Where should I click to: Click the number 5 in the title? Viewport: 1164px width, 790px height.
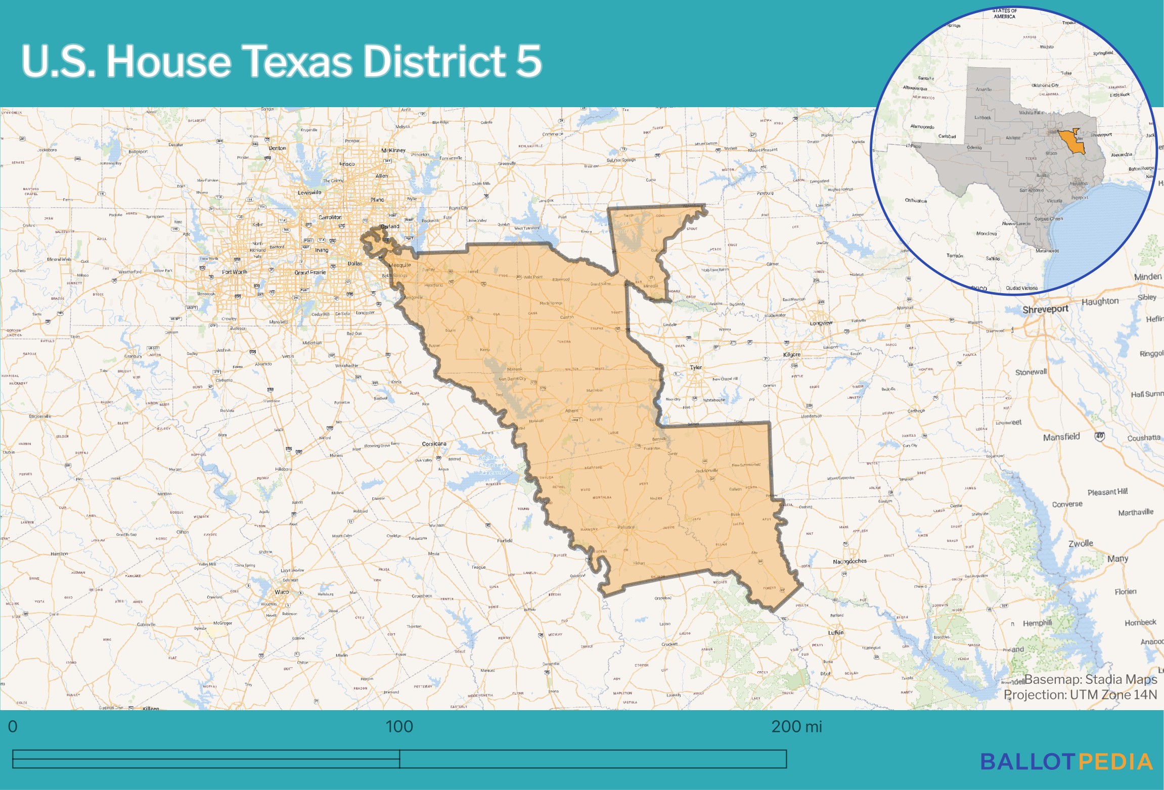(x=529, y=61)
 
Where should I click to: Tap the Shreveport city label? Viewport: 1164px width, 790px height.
(x=1045, y=309)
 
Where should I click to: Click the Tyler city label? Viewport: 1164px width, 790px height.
(x=696, y=367)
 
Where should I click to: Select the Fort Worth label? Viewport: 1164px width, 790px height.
(x=235, y=272)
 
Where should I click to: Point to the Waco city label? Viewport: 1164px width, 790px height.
(x=282, y=592)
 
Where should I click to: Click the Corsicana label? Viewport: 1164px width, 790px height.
(x=434, y=444)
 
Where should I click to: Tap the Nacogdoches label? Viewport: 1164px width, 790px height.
(x=849, y=561)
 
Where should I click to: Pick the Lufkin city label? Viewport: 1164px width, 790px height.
(x=835, y=632)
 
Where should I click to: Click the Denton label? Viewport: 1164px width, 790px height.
(x=277, y=148)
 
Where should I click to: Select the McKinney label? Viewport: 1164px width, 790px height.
(x=393, y=150)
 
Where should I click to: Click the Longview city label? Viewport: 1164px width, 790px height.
(x=821, y=323)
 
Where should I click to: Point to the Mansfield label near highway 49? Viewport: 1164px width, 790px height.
(x=1061, y=437)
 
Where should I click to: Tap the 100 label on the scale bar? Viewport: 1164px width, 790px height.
(x=399, y=726)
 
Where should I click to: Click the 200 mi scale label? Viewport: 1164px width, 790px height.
(x=796, y=726)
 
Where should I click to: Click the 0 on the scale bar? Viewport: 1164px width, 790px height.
(x=13, y=726)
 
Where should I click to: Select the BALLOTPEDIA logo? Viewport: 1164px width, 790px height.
(x=1066, y=762)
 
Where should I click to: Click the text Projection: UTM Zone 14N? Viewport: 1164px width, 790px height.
(x=1080, y=695)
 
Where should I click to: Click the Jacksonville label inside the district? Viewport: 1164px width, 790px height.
(x=706, y=471)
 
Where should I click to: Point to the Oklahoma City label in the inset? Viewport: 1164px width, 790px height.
(x=1045, y=85)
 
